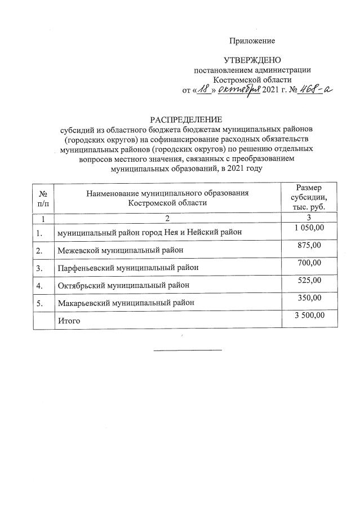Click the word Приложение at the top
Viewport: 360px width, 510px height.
coord(252,41)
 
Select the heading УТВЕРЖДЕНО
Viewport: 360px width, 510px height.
coord(252,60)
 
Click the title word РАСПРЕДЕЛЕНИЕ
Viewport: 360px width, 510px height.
coord(185,119)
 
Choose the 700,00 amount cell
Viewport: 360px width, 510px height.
coord(309,263)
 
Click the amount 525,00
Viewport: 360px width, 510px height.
coord(309,280)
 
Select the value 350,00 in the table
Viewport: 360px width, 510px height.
coord(309,298)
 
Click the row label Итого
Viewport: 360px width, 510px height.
coord(69,321)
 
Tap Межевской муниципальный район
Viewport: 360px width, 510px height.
coord(120,250)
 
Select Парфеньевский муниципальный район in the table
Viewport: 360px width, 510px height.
coord(128,268)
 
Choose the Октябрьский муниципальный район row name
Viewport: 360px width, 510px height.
coord(123,285)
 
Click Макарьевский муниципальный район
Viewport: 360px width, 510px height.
coord(126,303)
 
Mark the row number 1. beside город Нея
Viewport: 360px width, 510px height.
coord(39,232)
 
